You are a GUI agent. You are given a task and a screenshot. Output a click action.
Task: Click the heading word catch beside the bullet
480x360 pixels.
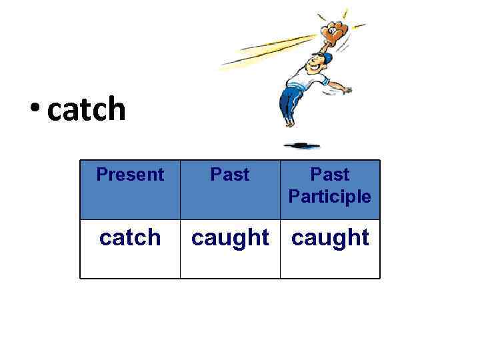(x=87, y=109)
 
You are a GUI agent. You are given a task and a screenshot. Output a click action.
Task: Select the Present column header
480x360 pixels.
(x=130, y=175)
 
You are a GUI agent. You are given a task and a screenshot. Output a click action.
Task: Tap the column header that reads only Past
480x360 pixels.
(x=230, y=175)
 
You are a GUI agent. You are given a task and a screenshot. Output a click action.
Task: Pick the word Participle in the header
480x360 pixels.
(x=329, y=197)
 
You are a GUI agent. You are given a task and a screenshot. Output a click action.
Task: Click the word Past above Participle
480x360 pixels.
(x=330, y=175)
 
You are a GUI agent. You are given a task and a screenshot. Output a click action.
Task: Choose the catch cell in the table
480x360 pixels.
(x=130, y=237)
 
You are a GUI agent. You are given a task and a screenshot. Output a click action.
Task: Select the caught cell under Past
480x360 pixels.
(x=230, y=238)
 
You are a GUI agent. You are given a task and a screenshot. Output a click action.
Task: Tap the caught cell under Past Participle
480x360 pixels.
(x=330, y=238)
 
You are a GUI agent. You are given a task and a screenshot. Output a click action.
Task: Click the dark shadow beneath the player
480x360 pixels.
(x=301, y=145)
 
